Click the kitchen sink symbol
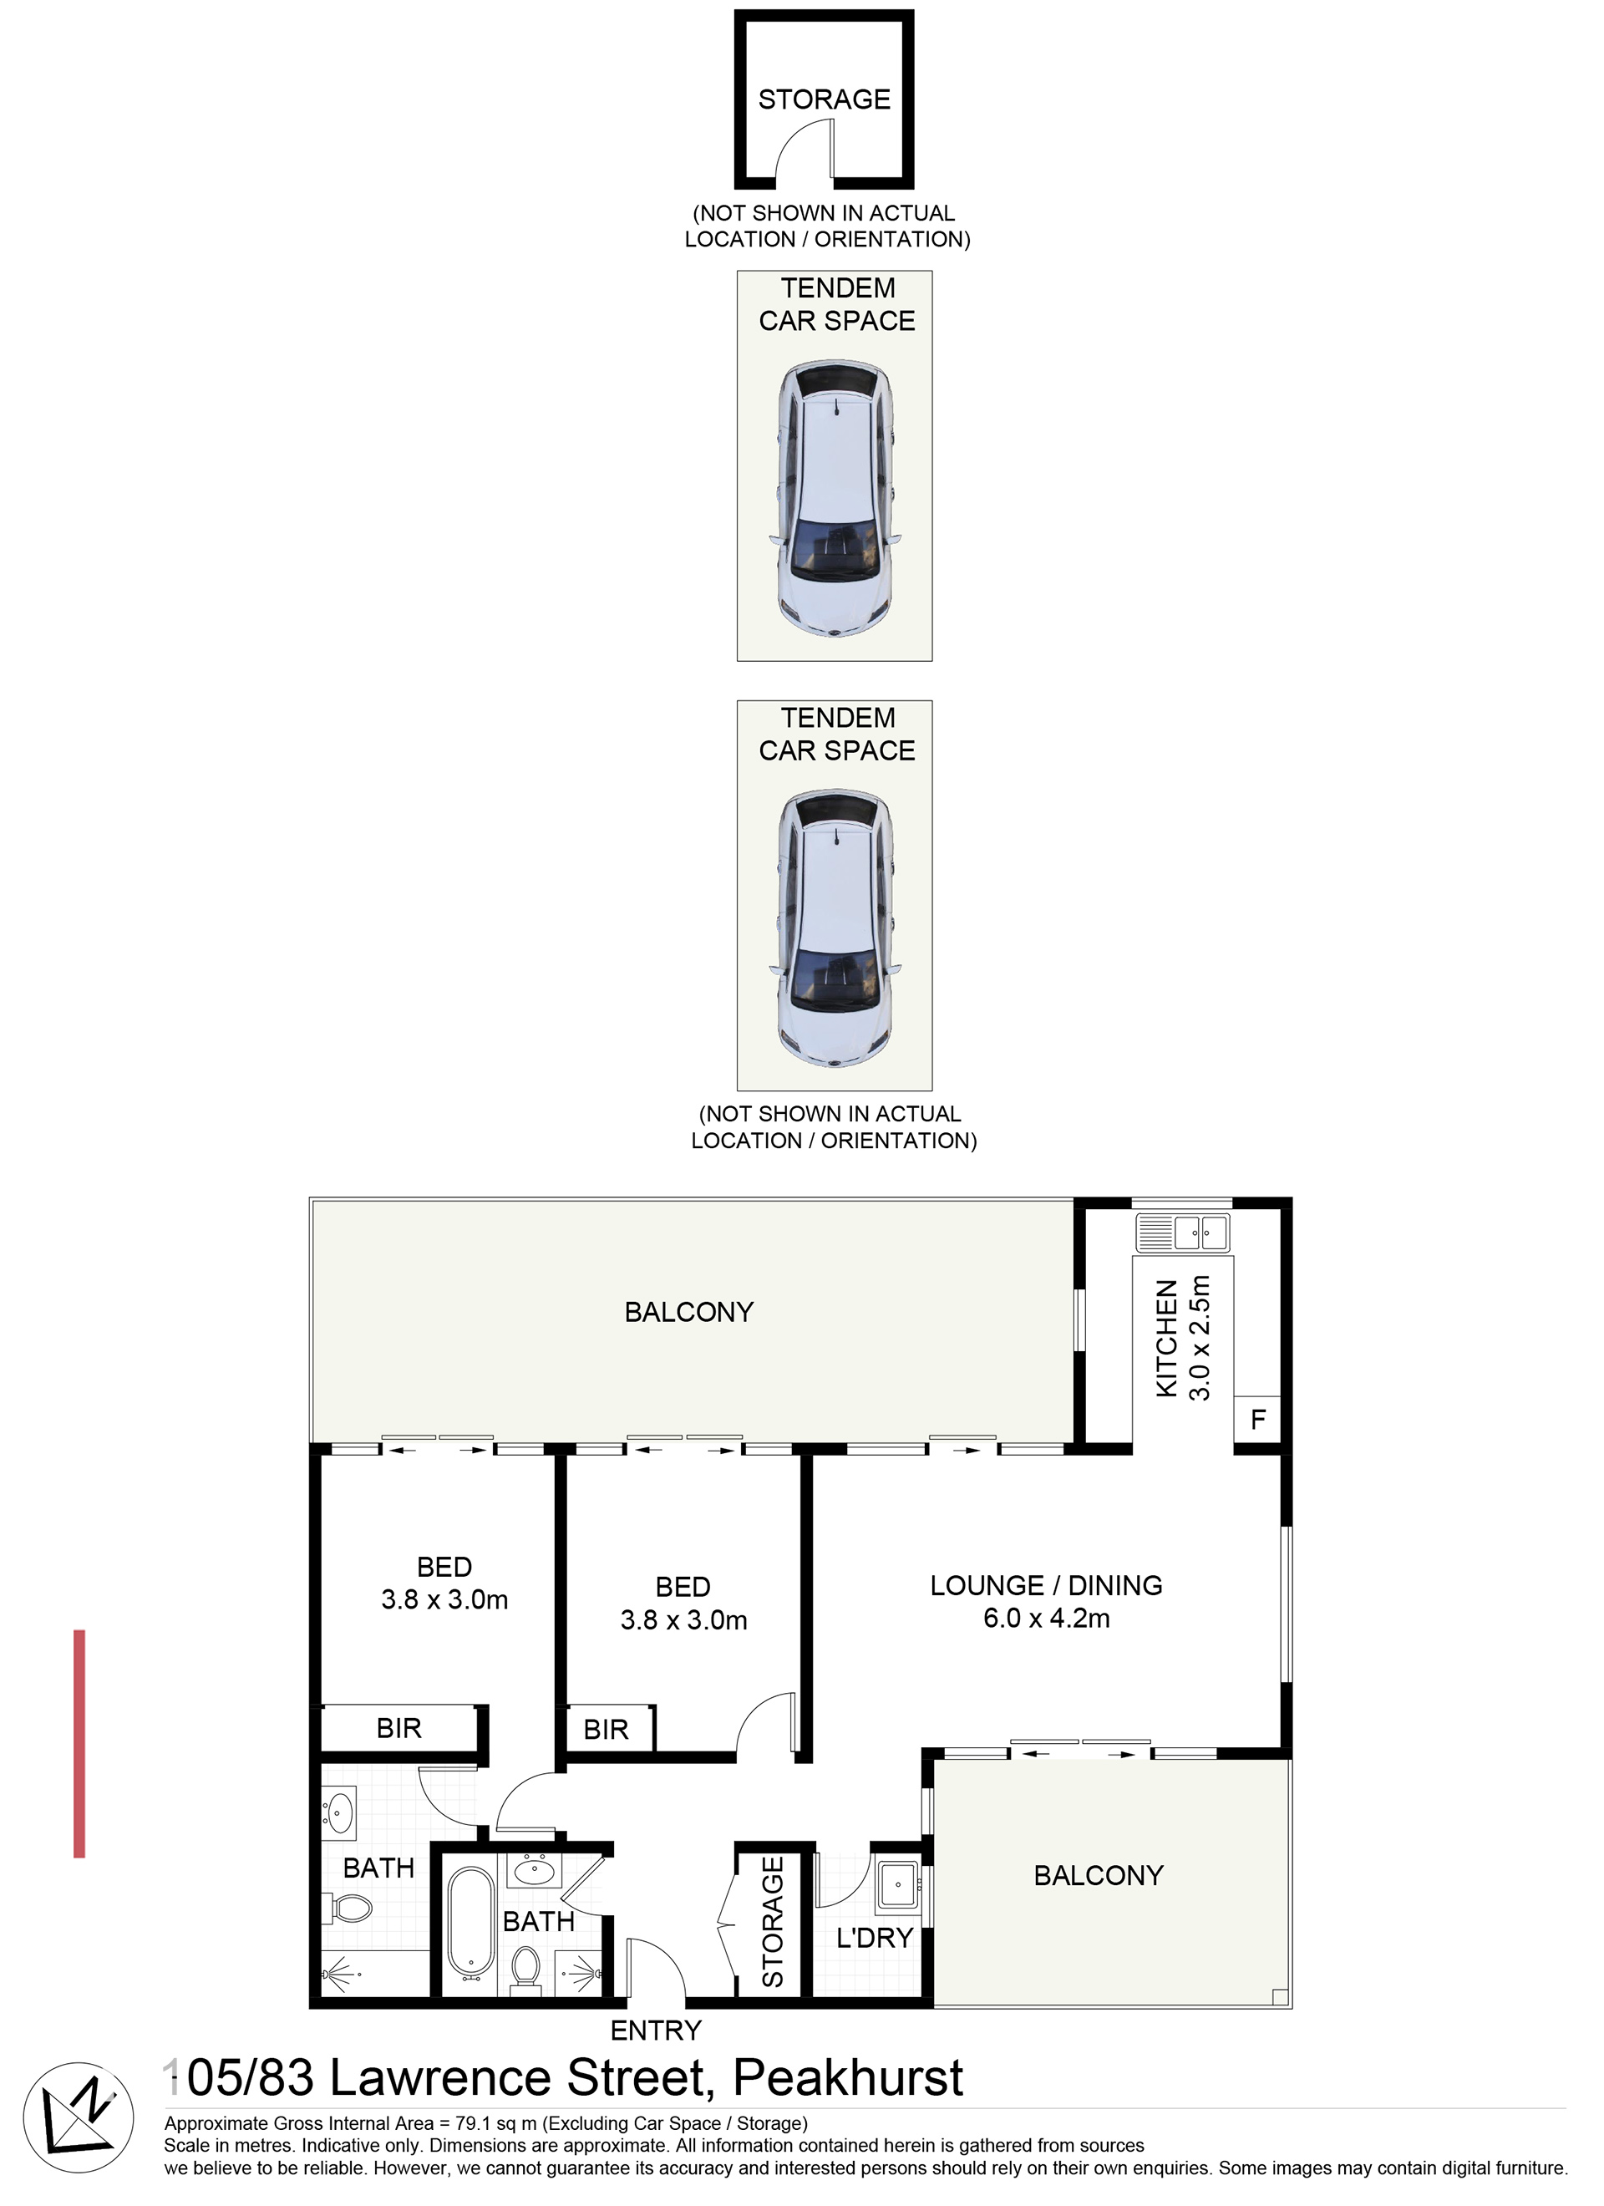[1183, 1233]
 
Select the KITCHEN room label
[1166, 1339]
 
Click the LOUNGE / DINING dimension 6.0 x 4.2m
[1046, 1619]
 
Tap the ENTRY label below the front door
[656, 2031]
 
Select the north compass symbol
[78, 2118]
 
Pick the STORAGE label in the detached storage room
[824, 99]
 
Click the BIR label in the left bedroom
[398, 1728]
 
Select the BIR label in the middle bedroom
[606, 1731]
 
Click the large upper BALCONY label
[688, 1312]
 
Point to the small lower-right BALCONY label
[1099, 1875]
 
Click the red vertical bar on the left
[79, 1744]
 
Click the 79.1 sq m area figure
[495, 2123]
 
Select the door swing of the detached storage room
[804, 152]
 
